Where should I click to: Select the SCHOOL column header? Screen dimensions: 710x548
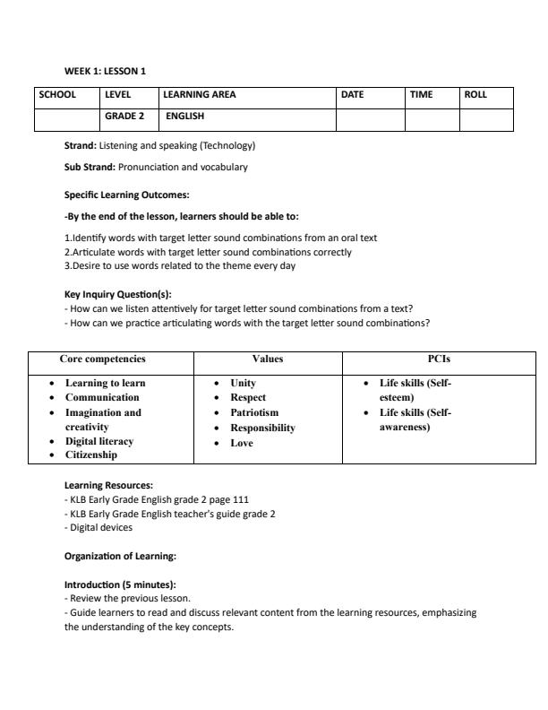point(57,94)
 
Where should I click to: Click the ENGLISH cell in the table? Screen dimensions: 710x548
point(184,117)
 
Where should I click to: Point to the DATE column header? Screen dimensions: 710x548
point(353,94)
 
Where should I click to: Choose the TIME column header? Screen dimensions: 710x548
point(421,94)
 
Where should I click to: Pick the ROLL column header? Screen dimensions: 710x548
point(475,94)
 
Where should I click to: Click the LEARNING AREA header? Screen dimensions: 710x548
point(200,94)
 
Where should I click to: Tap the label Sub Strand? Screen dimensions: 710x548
point(90,167)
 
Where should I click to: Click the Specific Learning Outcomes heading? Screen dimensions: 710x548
point(126,195)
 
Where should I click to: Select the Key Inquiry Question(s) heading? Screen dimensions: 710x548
point(117,294)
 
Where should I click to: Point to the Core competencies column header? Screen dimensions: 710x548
point(102,359)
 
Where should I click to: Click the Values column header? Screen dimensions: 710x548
point(268,359)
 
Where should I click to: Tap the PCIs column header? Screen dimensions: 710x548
point(439,359)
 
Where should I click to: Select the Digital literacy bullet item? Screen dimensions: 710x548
point(99,441)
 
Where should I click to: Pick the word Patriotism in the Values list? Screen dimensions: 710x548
point(254,412)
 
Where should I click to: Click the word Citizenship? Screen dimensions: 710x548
point(91,455)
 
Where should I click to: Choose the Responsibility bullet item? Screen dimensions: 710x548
point(262,428)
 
